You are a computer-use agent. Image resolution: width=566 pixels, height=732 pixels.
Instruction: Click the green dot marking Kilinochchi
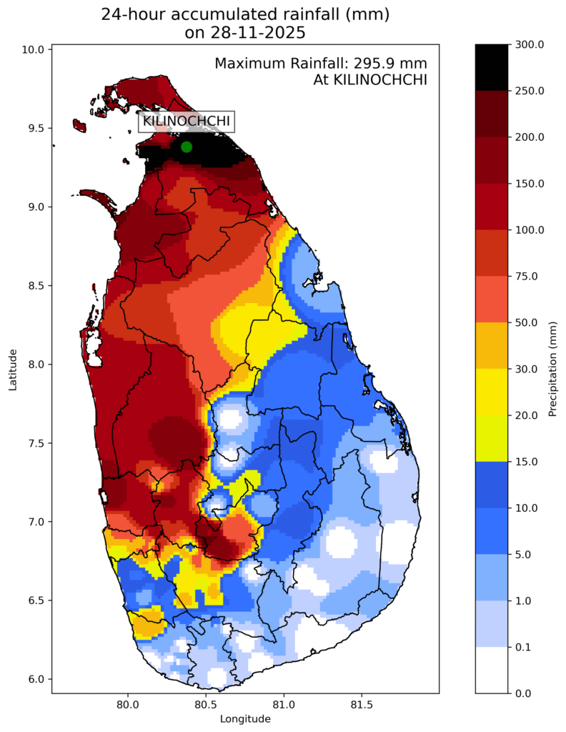pos(187,147)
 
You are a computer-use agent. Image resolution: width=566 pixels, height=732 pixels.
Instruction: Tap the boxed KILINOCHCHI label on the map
pos(187,122)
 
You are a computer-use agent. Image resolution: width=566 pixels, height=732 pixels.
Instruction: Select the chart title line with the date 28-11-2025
pos(245,31)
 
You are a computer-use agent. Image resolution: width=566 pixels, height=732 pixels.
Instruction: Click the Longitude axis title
pos(245,718)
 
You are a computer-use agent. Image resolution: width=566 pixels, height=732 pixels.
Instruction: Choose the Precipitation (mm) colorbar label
pos(552,369)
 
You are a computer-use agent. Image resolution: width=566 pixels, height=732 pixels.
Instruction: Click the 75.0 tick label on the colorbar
pos(525,276)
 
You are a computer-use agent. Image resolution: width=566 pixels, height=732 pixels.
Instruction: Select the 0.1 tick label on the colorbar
pos(522,647)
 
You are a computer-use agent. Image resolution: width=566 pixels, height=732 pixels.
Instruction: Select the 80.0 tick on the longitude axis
pos(128,703)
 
